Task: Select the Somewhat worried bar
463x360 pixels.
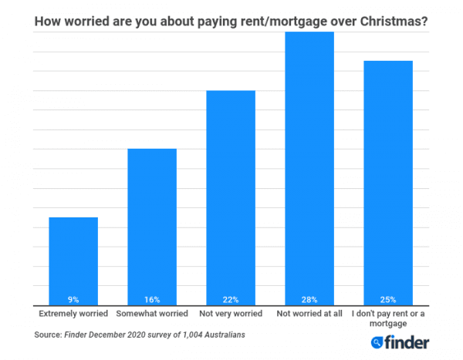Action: [x=152, y=224]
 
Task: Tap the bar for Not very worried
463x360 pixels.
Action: [x=231, y=193]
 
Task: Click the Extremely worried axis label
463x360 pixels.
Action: [x=73, y=315]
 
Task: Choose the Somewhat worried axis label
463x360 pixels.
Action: [x=152, y=315]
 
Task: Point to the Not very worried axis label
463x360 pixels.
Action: [x=231, y=315]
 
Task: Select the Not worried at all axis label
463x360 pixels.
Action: [x=309, y=315]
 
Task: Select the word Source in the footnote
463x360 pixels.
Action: [x=48, y=335]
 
